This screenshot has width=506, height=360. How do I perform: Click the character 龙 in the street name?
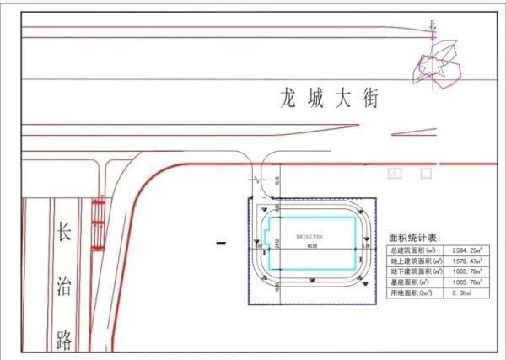tap(290, 99)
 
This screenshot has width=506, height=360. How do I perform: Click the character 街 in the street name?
tap(368, 99)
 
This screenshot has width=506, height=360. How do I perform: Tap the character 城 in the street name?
tap(315, 99)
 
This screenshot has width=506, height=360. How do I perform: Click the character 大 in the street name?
tap(342, 99)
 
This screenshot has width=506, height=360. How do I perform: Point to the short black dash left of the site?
tap(222, 244)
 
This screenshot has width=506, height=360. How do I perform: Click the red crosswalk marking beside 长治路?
tap(98, 223)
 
